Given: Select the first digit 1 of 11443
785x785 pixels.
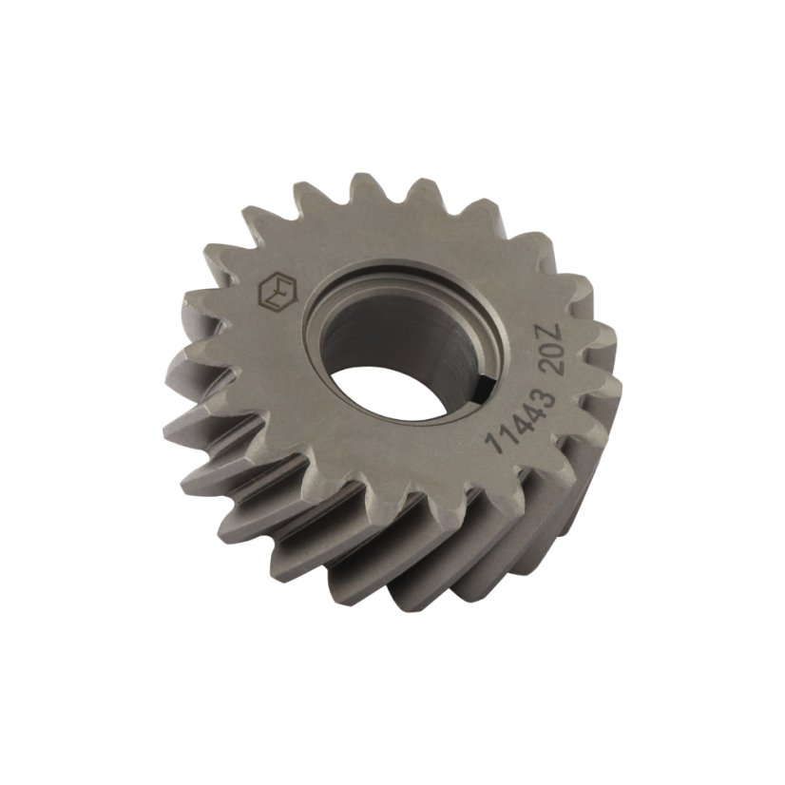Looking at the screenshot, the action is click(496, 446).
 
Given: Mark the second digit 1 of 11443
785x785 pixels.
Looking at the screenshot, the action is click(507, 431).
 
